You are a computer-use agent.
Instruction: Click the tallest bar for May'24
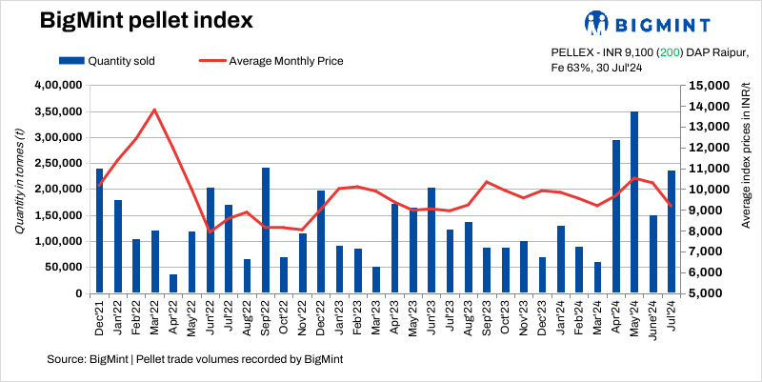click(633, 202)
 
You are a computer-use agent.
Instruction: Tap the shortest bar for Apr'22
click(173, 284)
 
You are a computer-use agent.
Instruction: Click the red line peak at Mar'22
click(154, 110)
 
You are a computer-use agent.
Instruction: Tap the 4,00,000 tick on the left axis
click(59, 86)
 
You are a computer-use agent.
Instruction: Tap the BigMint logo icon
click(597, 23)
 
